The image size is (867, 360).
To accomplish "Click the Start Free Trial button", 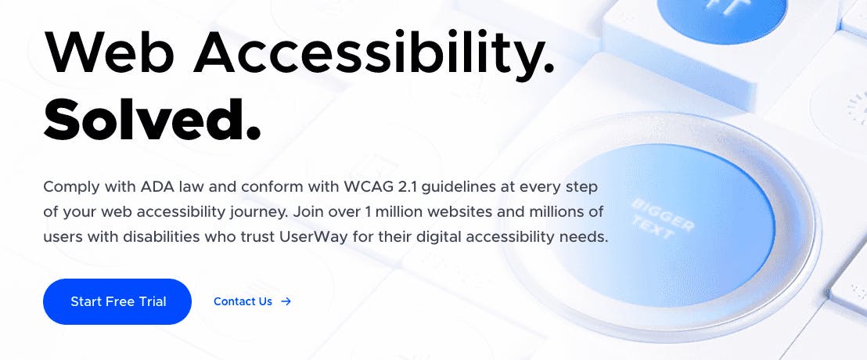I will click(x=117, y=301).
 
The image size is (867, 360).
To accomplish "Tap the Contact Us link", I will click(x=243, y=301).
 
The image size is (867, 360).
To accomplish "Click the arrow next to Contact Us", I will click(x=286, y=301).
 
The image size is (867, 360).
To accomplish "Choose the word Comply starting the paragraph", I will click(x=69, y=187).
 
